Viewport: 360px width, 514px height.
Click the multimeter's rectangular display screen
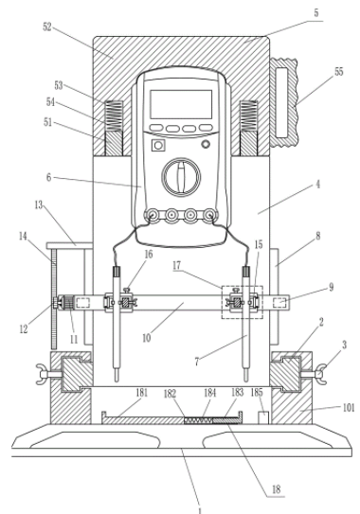coord(181,104)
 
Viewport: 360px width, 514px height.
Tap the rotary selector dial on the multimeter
coord(181,175)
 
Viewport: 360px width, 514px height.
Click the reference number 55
coord(338,72)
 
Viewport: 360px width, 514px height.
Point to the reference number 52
coord(47,27)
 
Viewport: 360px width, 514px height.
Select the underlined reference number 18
coord(277,489)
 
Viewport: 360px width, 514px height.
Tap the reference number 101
coord(349,408)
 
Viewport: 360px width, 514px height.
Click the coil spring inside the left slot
coord(114,115)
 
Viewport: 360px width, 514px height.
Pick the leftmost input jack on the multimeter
coord(153,216)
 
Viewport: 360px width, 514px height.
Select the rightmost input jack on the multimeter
coord(209,216)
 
